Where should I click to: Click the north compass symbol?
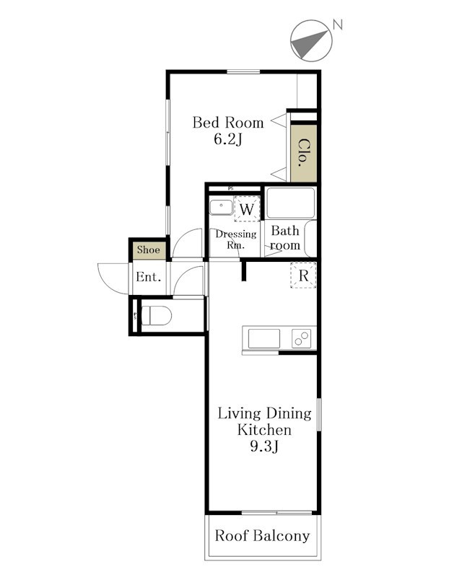(x=311, y=41)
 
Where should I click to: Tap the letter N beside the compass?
(x=337, y=25)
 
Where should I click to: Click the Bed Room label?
(x=228, y=123)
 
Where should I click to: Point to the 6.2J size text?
(x=228, y=139)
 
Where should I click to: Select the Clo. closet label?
(x=303, y=153)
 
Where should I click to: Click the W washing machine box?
(x=247, y=209)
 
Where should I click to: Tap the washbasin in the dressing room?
(x=221, y=207)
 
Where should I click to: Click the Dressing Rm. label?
(x=236, y=239)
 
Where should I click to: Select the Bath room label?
(x=285, y=238)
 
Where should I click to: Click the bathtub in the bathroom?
(x=291, y=203)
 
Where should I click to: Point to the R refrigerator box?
(x=303, y=276)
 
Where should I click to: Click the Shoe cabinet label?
(x=149, y=250)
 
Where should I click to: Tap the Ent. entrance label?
(x=149, y=277)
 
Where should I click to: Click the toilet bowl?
(x=157, y=315)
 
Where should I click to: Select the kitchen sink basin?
(x=263, y=338)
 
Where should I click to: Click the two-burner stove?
(x=301, y=338)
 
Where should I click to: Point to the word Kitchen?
(x=264, y=430)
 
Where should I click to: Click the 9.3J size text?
(x=264, y=446)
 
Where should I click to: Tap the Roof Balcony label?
(x=262, y=536)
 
